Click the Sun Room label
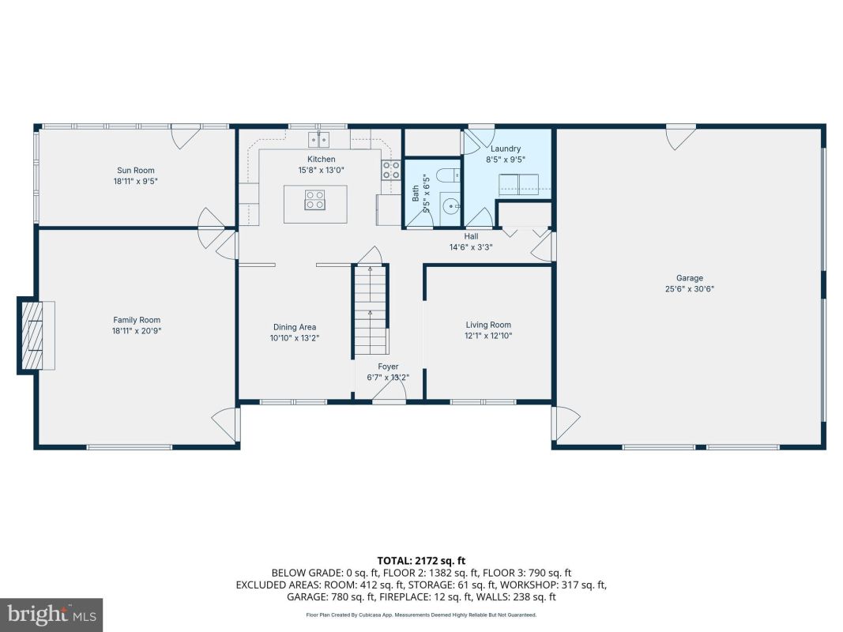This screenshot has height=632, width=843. [x=135, y=171]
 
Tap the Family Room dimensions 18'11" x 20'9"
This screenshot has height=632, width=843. [x=137, y=331]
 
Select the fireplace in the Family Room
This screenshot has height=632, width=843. [x=36, y=335]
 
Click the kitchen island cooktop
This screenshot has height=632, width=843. [x=314, y=199]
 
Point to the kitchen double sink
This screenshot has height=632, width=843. [x=319, y=140]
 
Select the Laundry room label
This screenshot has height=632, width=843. [x=506, y=149]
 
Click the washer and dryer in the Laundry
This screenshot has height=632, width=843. [x=518, y=184]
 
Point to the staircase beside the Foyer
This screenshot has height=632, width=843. [x=370, y=310]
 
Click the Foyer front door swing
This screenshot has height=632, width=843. [x=389, y=393]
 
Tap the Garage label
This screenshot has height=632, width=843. [x=689, y=278]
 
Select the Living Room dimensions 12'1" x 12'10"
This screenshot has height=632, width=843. [x=488, y=336]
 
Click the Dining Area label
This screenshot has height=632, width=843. [x=295, y=327]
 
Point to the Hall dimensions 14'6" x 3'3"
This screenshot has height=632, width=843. [x=471, y=247]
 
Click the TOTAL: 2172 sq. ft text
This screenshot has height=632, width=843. [x=422, y=562]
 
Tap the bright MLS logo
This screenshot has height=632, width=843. [x=51, y=615]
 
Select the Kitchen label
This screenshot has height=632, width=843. [x=321, y=159]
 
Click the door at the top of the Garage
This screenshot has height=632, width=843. [x=680, y=137]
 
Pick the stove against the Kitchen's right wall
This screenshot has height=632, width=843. [x=391, y=170]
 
